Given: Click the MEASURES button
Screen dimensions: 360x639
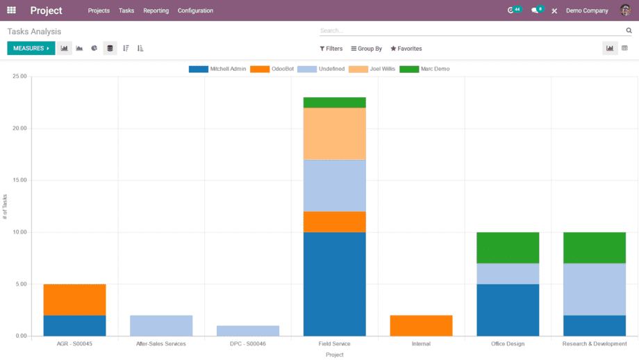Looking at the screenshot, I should tap(31, 49).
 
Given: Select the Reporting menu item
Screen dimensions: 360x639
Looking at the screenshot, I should tap(156, 11).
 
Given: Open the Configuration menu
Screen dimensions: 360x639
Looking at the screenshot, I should tap(195, 11).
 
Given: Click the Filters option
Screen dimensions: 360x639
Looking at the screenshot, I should tap(331, 49).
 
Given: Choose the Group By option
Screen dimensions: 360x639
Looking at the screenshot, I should tap(367, 49).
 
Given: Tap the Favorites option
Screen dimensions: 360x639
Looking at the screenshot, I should tap(406, 49).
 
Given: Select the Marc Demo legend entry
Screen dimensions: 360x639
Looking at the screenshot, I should tap(425, 69).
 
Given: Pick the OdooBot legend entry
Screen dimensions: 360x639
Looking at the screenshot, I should tap(272, 69).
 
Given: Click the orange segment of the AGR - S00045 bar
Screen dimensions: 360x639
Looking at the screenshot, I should tap(74, 300).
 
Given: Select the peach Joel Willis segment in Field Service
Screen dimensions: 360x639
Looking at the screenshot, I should tap(335, 133).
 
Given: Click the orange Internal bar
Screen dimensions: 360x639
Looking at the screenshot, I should tap(421, 325).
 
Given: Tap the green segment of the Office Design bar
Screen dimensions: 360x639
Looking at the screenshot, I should tap(508, 247).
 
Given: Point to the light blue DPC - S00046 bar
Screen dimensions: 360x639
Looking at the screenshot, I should tap(248, 331).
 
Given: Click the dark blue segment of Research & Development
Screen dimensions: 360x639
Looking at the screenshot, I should tap(595, 325).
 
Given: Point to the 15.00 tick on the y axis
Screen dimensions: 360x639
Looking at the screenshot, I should tap(19, 180).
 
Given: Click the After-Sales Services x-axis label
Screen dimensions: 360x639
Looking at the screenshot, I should tap(161, 344).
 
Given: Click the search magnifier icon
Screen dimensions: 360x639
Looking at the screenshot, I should tap(629, 31).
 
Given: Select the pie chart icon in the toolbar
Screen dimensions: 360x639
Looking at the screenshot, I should tap(94, 49).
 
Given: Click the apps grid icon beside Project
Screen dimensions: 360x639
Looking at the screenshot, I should tap(11, 10).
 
